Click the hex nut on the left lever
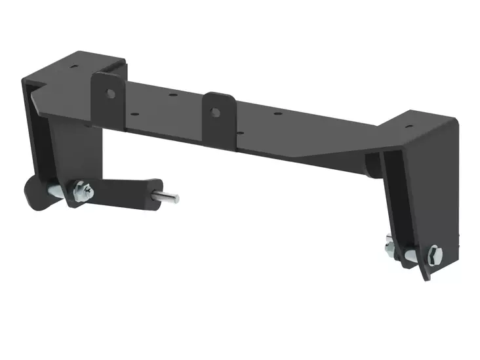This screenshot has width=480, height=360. [83, 191]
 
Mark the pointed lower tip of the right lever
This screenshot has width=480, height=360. [428, 277]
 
